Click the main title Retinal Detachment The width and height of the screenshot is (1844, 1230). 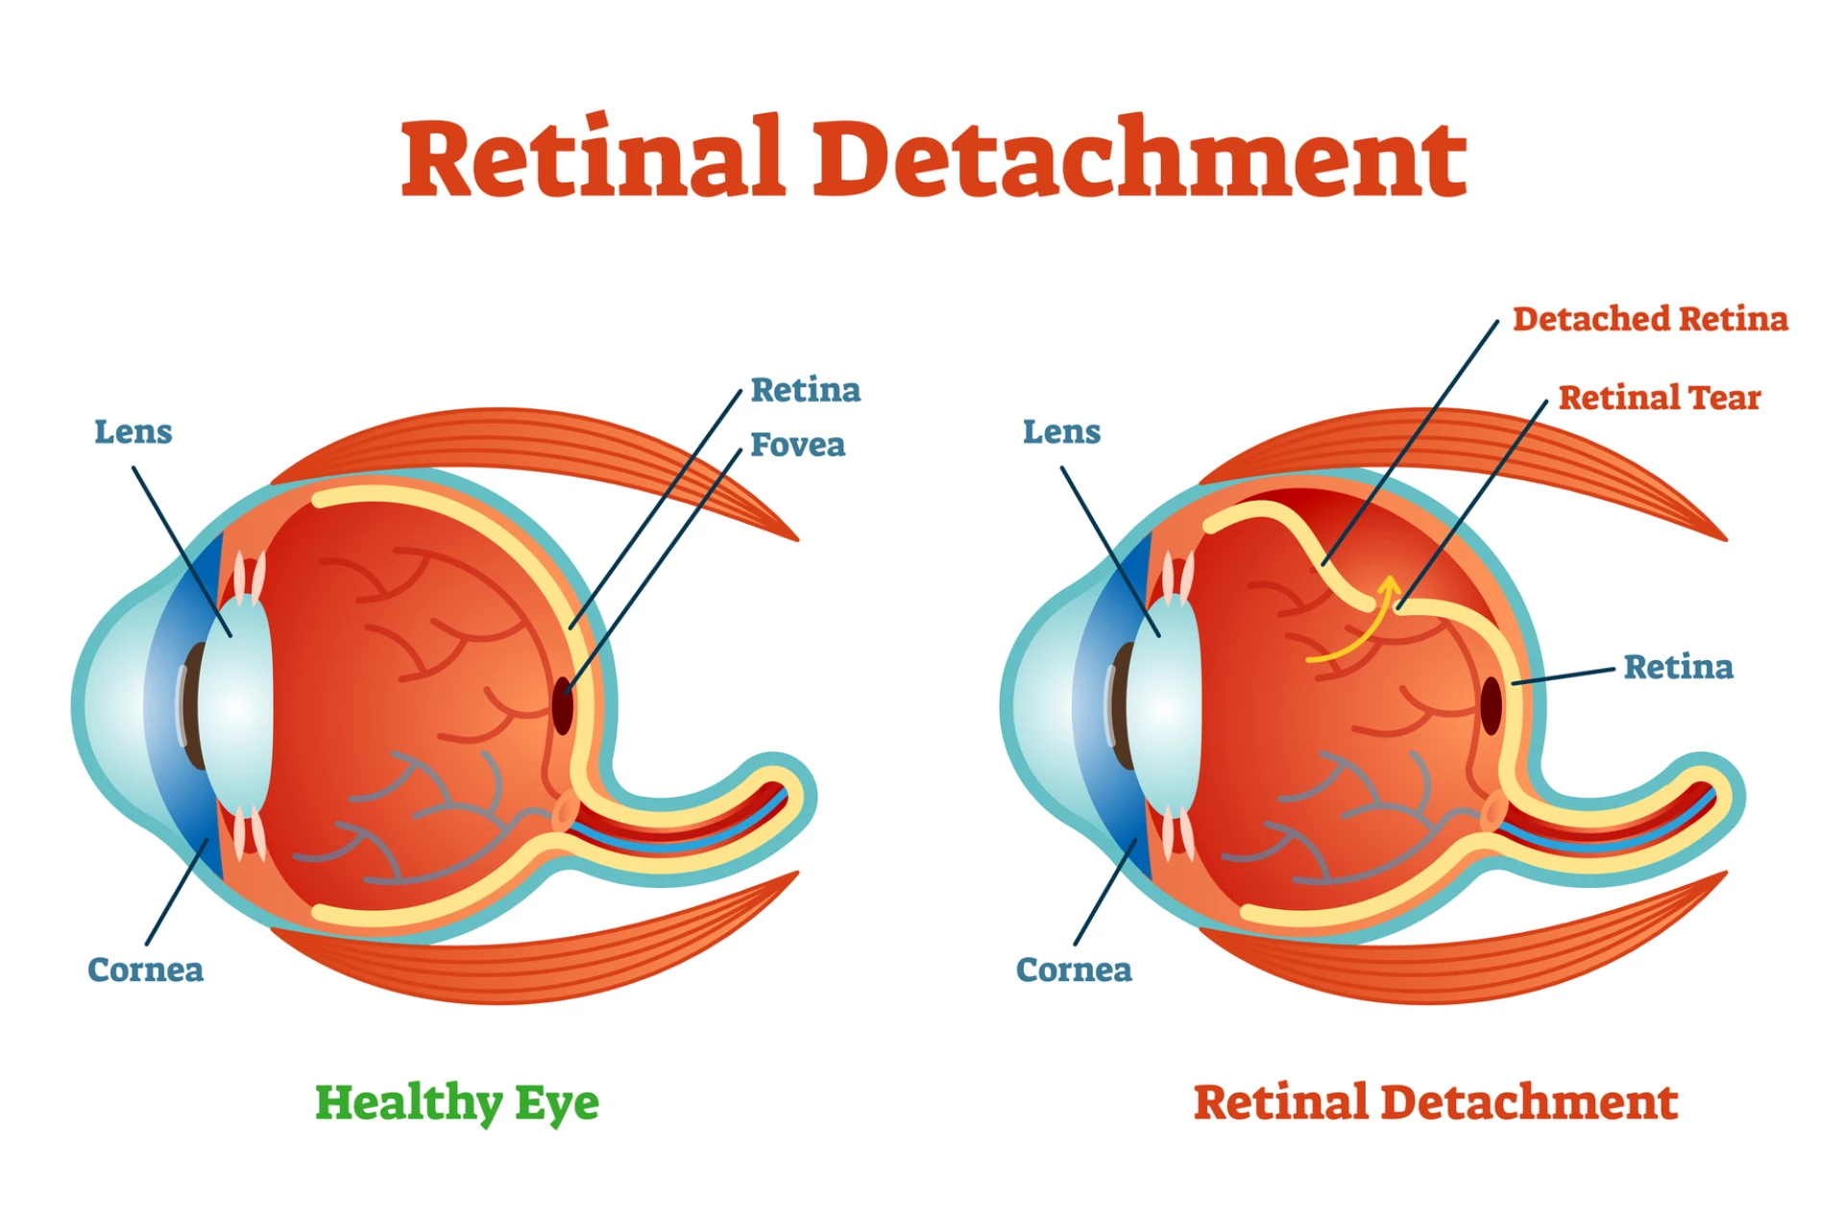pos(934,159)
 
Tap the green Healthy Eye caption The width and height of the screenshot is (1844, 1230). pos(457,1103)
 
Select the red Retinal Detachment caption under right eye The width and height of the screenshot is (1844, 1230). pos(1436,1103)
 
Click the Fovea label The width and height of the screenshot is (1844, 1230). pos(797,445)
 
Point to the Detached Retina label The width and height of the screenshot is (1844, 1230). pos(1650,319)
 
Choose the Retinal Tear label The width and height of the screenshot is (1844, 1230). pos(1659,398)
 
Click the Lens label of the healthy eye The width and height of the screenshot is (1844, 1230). pos(133,432)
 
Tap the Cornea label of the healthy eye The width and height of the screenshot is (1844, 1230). pos(145,970)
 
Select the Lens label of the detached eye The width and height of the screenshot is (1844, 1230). pos(1061,432)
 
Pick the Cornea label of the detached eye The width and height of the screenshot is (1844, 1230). pos(1074,970)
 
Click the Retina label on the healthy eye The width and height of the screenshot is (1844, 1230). pos(805,390)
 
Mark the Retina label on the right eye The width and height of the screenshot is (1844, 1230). pos(1678,667)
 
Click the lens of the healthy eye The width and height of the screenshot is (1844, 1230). pos(236,706)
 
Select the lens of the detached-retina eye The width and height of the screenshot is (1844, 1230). pos(1164,706)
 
